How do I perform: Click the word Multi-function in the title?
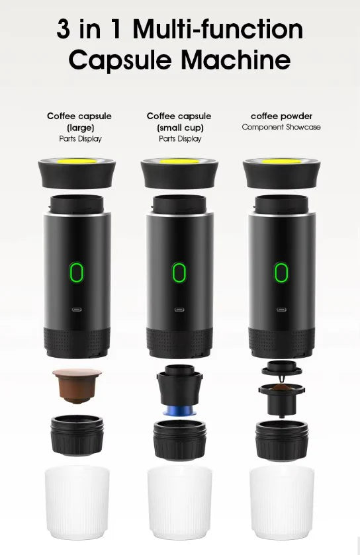(x=218, y=29)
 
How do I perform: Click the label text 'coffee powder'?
(x=281, y=116)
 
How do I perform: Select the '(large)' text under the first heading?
(x=79, y=127)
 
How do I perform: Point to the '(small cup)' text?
(x=179, y=127)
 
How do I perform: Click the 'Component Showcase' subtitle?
(x=281, y=127)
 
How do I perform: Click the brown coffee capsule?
(x=77, y=384)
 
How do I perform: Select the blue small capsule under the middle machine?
(x=179, y=411)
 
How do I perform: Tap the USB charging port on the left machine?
(x=77, y=309)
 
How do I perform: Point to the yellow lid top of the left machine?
(x=77, y=161)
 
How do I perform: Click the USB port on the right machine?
(x=281, y=309)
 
